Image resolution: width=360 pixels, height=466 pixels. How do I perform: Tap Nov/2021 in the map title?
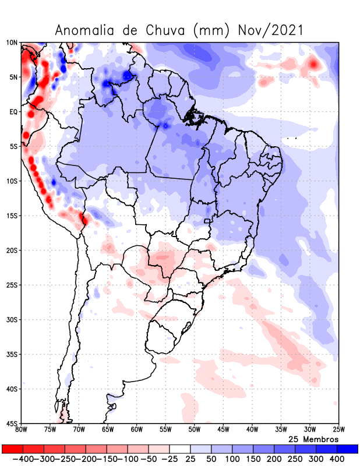coord(270,30)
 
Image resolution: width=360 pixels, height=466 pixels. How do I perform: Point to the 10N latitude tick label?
coord(12,43)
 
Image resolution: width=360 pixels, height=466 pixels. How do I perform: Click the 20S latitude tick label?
coord(12,250)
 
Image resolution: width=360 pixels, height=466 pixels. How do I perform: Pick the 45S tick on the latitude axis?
coord(12,423)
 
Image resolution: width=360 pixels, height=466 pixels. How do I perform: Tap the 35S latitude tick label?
coord(12,354)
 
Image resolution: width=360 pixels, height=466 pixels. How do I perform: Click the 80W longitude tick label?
coord(22,430)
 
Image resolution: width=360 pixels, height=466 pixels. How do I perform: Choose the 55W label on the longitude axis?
coord(165,430)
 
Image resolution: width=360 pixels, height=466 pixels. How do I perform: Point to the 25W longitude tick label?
coord(338,430)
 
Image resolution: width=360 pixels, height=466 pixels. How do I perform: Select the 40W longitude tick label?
coord(252,430)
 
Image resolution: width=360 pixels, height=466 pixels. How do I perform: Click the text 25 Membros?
coord(313,439)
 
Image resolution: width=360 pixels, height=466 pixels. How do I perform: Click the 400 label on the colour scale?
coord(337,459)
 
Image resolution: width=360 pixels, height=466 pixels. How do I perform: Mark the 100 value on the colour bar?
coord(232,459)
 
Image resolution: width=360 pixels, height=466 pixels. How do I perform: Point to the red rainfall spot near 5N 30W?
coord(314,63)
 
